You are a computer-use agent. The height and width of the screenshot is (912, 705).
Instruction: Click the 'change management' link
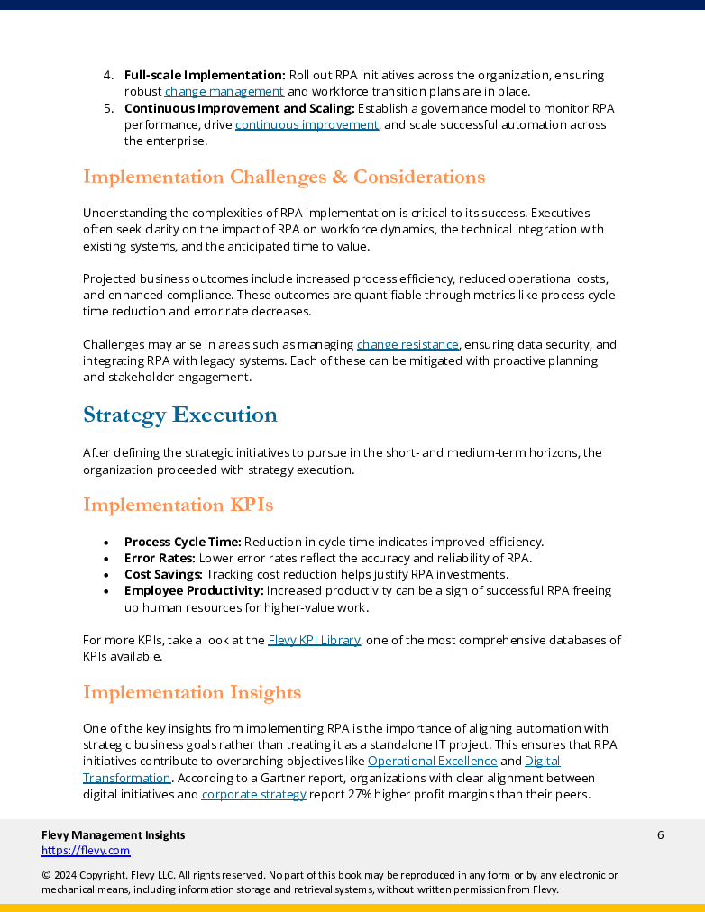pyautogui.click(x=224, y=91)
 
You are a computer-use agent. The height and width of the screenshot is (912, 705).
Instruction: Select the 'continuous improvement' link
pyautogui.click(x=307, y=124)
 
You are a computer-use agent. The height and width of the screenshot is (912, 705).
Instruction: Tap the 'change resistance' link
pyautogui.click(x=408, y=344)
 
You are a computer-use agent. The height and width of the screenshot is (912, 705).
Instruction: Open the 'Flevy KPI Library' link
pyautogui.click(x=314, y=640)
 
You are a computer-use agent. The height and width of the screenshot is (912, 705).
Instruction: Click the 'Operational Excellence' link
pyautogui.click(x=432, y=761)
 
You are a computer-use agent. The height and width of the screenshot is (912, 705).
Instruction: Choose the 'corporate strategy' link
pyautogui.click(x=253, y=794)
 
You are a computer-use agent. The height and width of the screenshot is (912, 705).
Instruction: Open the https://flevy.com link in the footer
pyautogui.click(x=86, y=850)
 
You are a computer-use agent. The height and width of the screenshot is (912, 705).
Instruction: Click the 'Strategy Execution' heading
pyautogui.click(x=179, y=415)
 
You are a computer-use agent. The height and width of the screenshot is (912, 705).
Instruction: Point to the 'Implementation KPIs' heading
pyautogui.click(x=178, y=505)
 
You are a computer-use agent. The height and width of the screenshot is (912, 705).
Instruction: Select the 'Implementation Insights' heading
pyautogui.click(x=191, y=692)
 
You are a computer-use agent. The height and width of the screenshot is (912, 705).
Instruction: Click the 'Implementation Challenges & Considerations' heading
pyautogui.click(x=283, y=177)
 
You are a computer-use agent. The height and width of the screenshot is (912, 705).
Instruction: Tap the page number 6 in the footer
pyautogui.click(x=660, y=834)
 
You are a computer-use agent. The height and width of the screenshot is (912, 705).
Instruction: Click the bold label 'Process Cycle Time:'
pyautogui.click(x=182, y=542)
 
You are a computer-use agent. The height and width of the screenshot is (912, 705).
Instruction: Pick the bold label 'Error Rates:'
pyautogui.click(x=159, y=558)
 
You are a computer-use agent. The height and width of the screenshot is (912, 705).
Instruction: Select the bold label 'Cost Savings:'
pyautogui.click(x=163, y=574)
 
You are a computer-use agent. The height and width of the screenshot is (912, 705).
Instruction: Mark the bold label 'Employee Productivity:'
pyautogui.click(x=194, y=590)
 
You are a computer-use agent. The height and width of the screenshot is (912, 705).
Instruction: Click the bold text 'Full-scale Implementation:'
pyautogui.click(x=205, y=75)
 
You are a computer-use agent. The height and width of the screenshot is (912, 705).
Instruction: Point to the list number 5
pyautogui.click(x=107, y=108)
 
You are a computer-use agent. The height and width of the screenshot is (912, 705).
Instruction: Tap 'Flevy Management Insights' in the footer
pyautogui.click(x=113, y=834)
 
